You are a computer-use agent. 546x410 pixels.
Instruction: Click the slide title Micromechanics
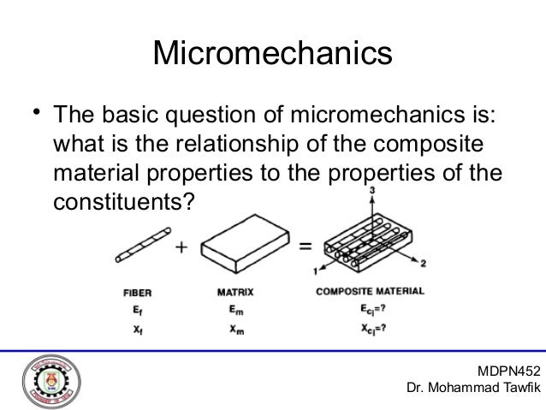pos(272,53)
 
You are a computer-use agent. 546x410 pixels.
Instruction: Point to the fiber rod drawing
pos(139,247)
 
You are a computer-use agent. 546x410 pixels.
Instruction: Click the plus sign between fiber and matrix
pos(182,248)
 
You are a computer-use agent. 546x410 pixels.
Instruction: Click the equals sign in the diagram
pos(304,248)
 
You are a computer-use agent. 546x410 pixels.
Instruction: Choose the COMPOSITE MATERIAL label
pos(370,291)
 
